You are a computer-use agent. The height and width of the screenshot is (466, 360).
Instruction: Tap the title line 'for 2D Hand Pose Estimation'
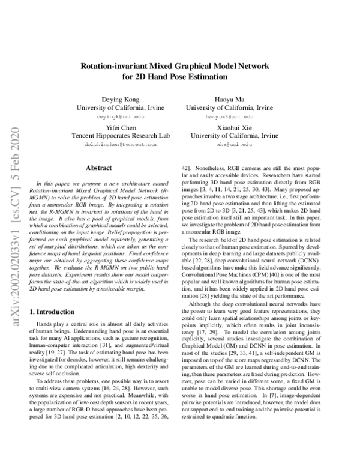click(179, 77)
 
